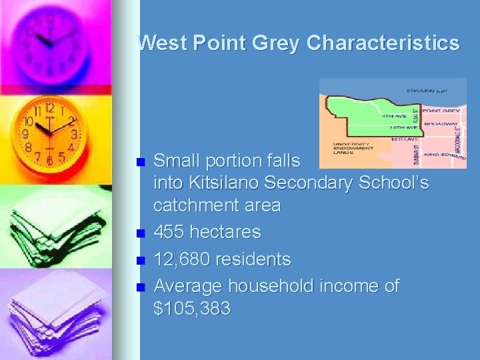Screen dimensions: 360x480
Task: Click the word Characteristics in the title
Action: point(383,43)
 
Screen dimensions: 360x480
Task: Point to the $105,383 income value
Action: point(192,309)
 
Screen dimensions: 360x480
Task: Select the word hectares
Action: point(228,233)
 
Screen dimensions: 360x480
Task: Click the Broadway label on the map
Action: point(441,123)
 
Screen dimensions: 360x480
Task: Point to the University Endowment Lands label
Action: point(354,148)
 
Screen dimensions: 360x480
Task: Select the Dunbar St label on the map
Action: point(415,154)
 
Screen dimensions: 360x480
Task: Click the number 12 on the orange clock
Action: point(49,108)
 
